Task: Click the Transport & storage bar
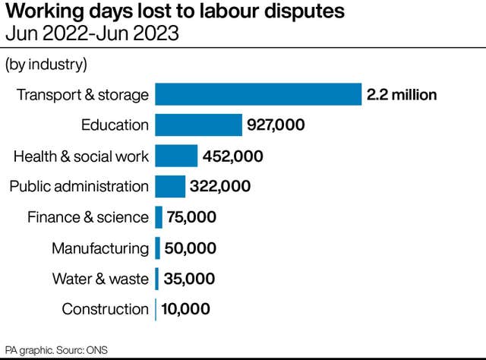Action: click(x=258, y=95)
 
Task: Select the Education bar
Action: click(x=198, y=125)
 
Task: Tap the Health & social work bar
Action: click(x=176, y=156)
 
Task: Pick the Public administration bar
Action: click(x=170, y=187)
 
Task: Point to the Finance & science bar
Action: click(x=159, y=217)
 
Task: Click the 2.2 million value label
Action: click(x=402, y=95)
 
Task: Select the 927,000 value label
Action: click(x=276, y=125)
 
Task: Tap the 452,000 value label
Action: click(x=233, y=156)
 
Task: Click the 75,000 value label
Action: click(x=191, y=217)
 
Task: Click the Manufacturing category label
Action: click(x=100, y=248)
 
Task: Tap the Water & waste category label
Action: click(x=100, y=279)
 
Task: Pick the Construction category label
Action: click(x=105, y=309)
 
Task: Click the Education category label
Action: click(x=115, y=125)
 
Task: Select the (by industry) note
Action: click(x=46, y=65)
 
